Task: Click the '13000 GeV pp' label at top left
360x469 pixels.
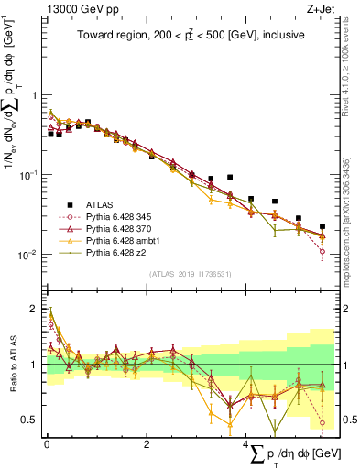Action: (74, 8)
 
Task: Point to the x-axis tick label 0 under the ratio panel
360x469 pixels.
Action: (47, 443)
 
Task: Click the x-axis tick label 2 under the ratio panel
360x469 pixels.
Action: (147, 443)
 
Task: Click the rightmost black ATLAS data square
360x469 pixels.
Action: (322, 225)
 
